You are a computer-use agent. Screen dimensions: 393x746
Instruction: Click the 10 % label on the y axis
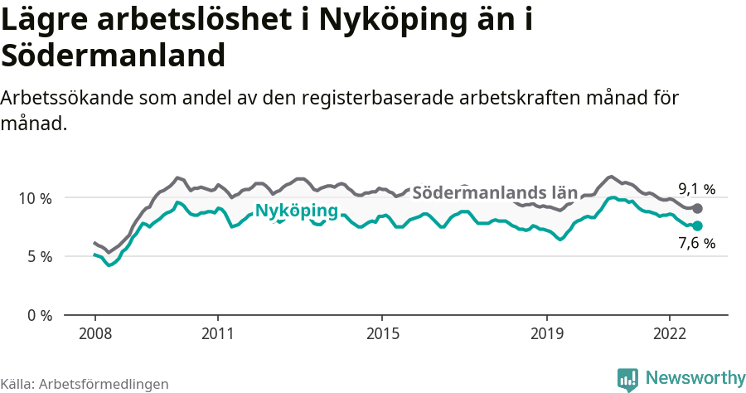point(36,198)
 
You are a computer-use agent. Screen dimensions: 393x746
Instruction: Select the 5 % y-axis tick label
point(40,257)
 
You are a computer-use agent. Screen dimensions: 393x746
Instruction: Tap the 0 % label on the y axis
point(40,315)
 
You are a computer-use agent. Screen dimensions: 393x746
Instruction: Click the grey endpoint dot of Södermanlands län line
point(697,209)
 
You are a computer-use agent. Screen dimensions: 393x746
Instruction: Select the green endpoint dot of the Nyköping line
point(697,226)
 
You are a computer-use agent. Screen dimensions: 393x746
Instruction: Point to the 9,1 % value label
point(696,189)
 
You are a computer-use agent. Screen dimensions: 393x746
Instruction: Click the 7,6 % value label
point(696,244)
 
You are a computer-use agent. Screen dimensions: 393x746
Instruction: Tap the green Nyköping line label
point(296,211)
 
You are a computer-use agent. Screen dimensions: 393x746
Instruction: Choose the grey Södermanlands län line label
point(494,192)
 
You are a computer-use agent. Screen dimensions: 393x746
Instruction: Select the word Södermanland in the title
point(113,56)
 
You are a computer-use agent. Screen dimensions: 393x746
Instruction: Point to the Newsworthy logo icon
point(627,379)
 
